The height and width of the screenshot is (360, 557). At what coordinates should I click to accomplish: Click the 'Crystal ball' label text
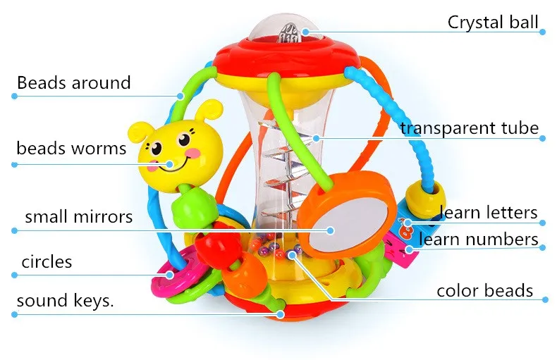tap(493, 22)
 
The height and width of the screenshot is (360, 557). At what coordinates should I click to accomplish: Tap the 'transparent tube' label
tap(470, 128)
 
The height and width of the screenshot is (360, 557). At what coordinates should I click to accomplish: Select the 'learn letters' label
tap(489, 213)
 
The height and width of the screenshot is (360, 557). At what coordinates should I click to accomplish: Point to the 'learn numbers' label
tap(478, 239)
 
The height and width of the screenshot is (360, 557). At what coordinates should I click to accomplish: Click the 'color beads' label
tap(485, 291)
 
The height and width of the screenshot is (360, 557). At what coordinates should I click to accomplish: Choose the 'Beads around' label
tap(74, 82)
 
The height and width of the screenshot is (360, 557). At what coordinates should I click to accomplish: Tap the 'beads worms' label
tap(71, 148)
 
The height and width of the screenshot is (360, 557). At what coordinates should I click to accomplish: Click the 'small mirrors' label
tap(78, 216)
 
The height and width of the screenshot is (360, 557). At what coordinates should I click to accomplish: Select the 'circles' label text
tap(47, 262)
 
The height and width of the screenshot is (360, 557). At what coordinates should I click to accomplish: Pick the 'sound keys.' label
tap(65, 301)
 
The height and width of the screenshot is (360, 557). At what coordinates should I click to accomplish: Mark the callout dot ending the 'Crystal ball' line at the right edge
tap(542, 32)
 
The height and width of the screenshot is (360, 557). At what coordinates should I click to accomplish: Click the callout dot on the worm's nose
tap(170, 164)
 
